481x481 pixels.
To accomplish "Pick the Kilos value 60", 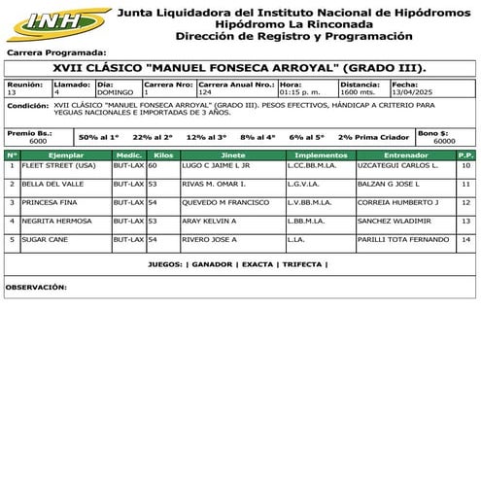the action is [153, 166].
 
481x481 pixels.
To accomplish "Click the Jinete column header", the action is [233, 155].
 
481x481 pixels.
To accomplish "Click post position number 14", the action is [466, 239].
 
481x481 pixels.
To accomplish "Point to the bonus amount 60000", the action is [444, 141].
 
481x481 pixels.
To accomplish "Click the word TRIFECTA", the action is [302, 264].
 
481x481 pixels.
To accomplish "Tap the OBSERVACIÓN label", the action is [36, 288].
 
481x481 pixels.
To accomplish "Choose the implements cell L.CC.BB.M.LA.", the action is [312, 166].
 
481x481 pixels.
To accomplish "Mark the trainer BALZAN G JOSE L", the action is [389, 185].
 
